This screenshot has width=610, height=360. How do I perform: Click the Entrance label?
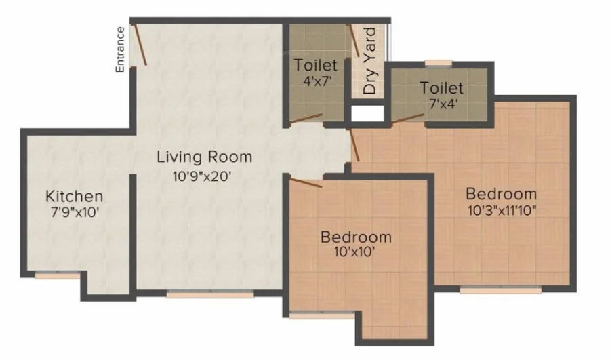click(120, 49)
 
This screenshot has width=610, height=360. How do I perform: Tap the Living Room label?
click(205, 157)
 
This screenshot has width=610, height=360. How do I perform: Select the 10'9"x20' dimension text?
click(202, 176)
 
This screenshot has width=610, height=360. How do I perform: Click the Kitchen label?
click(75, 196)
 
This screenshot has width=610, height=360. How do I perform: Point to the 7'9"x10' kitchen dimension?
click(75, 212)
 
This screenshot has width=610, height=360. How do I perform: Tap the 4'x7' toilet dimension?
click(317, 82)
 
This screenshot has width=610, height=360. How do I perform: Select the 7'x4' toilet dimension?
click(443, 104)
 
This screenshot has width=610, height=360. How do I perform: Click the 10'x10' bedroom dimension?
click(354, 252)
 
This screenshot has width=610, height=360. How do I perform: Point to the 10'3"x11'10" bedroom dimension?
click(502, 211)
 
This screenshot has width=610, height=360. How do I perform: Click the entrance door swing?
click(140, 44)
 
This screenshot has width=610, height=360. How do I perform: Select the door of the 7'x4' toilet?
click(408, 119)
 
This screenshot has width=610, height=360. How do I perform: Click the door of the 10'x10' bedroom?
click(306, 182)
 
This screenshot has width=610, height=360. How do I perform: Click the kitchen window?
click(58, 275)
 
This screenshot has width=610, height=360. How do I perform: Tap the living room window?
click(210, 295)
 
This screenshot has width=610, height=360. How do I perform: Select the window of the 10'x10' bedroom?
click(322, 316)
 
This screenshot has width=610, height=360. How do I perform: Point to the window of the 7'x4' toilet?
click(439, 64)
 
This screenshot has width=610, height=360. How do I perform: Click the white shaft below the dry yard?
click(367, 113)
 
